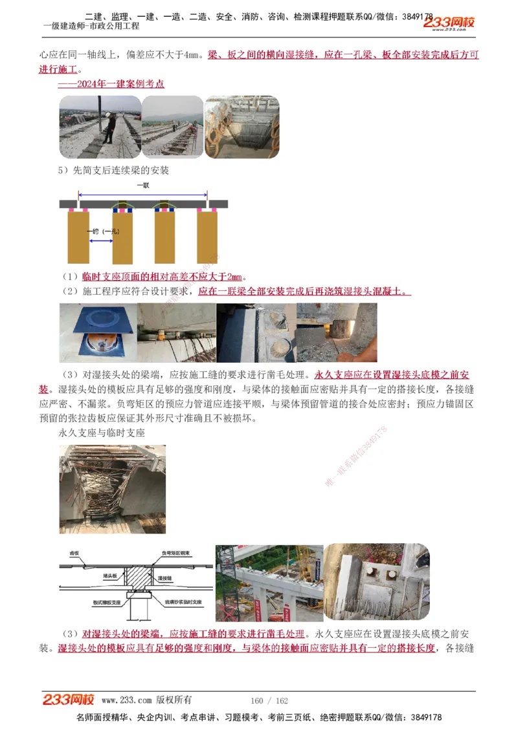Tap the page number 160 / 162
tap(269, 700)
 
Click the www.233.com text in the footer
tap(126, 700)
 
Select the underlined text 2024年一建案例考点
tap(111, 84)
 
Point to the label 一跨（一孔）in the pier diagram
tap(102, 231)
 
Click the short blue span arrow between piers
tap(101, 241)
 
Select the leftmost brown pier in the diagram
tap(78, 237)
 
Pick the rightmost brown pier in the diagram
tap(207, 237)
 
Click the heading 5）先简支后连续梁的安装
tap(113, 171)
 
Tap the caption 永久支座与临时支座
tap(101, 433)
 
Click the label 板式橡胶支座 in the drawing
tap(88, 602)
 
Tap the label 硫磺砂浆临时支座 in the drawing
tap(183, 602)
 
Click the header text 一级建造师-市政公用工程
tap(91, 27)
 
